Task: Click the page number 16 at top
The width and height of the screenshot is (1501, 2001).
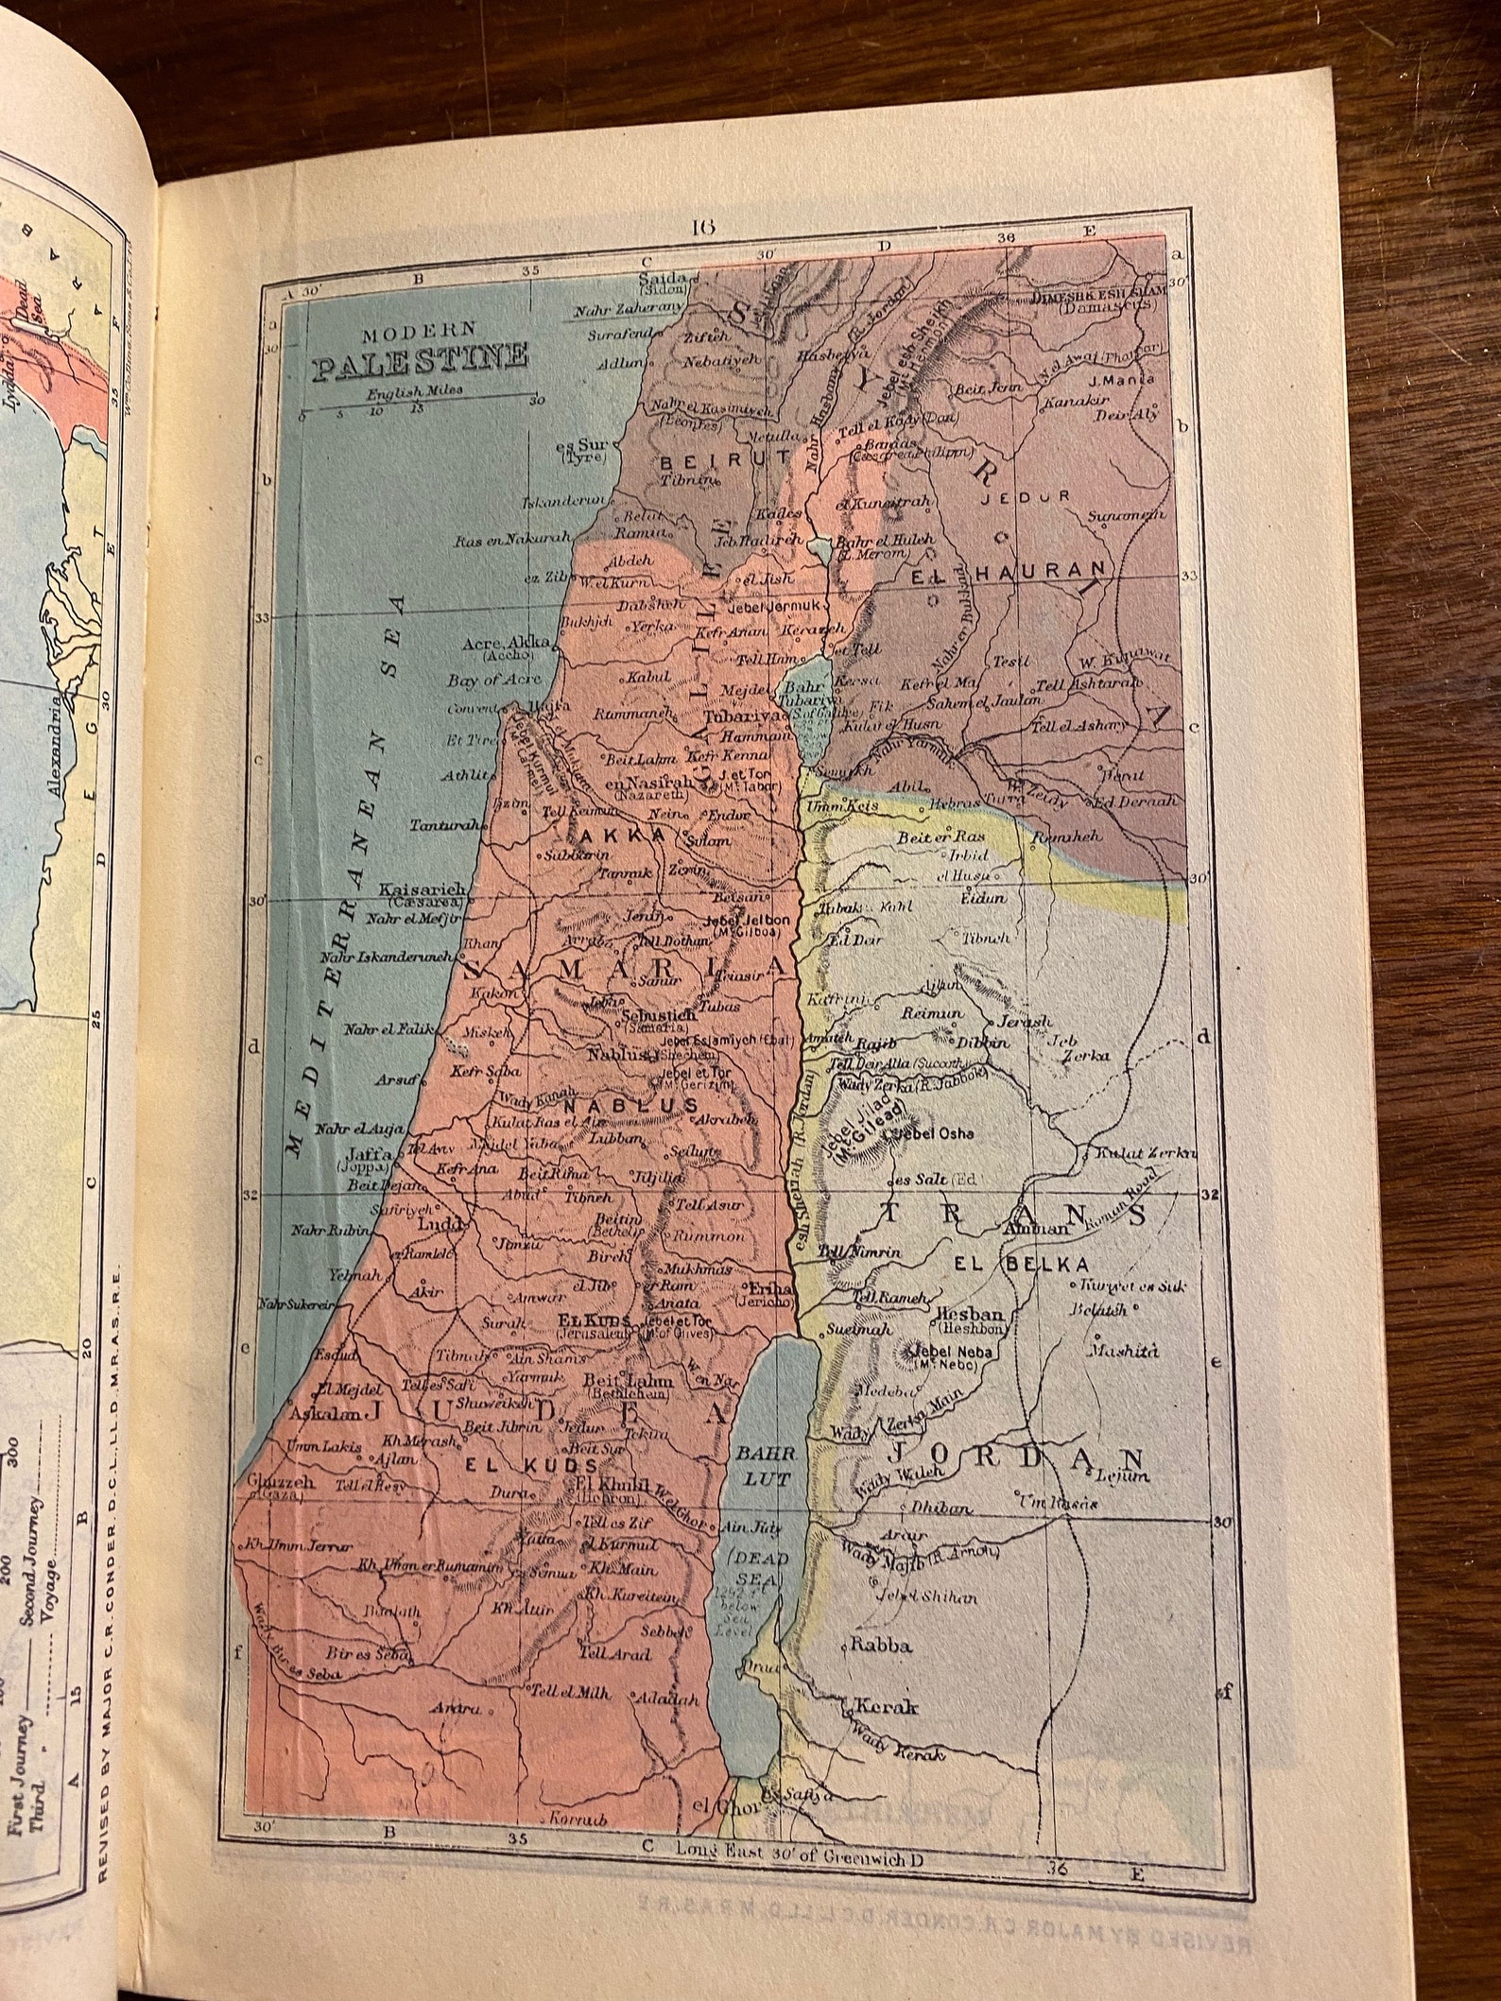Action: (704, 225)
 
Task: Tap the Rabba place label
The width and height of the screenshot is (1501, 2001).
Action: (881, 1645)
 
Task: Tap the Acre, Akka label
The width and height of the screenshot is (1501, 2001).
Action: (506, 644)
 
